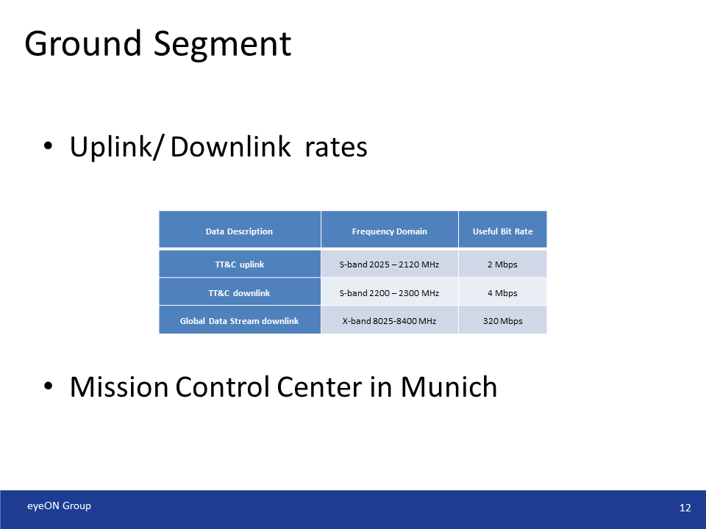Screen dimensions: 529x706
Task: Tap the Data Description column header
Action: (x=239, y=231)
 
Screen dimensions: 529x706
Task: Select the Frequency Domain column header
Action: (x=389, y=231)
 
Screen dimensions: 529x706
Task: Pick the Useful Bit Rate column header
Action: (x=502, y=231)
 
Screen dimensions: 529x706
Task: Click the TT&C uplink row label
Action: (x=239, y=264)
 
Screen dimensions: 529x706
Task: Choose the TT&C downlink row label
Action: (x=239, y=293)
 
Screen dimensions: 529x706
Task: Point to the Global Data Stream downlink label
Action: (x=239, y=321)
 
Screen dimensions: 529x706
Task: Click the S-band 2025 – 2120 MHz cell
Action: (x=389, y=264)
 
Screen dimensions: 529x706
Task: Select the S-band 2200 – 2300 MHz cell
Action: (x=389, y=293)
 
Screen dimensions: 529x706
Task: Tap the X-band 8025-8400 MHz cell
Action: (x=389, y=321)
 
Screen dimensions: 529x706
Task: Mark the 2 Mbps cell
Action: (x=502, y=264)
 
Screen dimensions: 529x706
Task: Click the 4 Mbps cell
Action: (x=502, y=293)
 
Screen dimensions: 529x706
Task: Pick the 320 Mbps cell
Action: (x=502, y=321)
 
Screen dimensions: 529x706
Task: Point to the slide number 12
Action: (x=685, y=508)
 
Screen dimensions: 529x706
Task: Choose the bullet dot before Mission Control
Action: (x=49, y=386)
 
